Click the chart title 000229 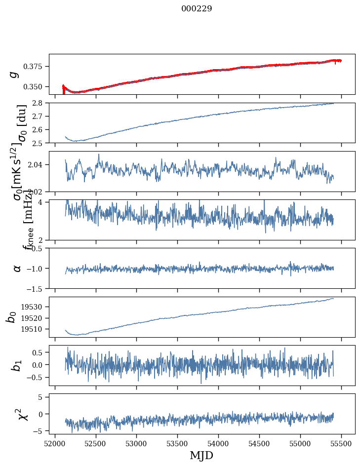(197, 9)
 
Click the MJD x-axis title (201, 455)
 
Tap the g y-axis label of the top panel (15, 74)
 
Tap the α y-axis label (17, 268)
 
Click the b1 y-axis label (16, 365)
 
